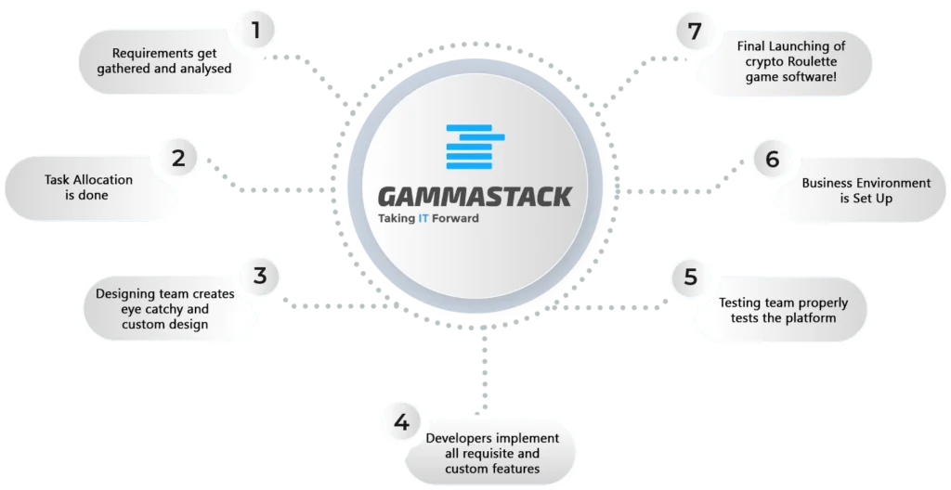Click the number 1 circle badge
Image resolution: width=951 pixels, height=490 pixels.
(255, 31)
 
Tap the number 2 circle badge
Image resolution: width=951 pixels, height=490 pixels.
(177, 158)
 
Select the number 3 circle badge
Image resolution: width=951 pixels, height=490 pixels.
(260, 276)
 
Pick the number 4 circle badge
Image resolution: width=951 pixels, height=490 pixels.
(401, 423)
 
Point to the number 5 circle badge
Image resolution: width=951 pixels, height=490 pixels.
(690, 277)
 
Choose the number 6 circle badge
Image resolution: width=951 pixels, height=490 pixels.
(772, 160)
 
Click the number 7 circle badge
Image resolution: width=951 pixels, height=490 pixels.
(692, 31)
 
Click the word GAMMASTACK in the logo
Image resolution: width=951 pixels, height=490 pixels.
(474, 196)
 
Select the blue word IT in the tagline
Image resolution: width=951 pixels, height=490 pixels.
(424, 220)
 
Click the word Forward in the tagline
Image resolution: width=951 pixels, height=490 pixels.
(456, 220)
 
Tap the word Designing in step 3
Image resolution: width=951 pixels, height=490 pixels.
(125, 294)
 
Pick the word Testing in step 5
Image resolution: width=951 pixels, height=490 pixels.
(741, 303)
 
